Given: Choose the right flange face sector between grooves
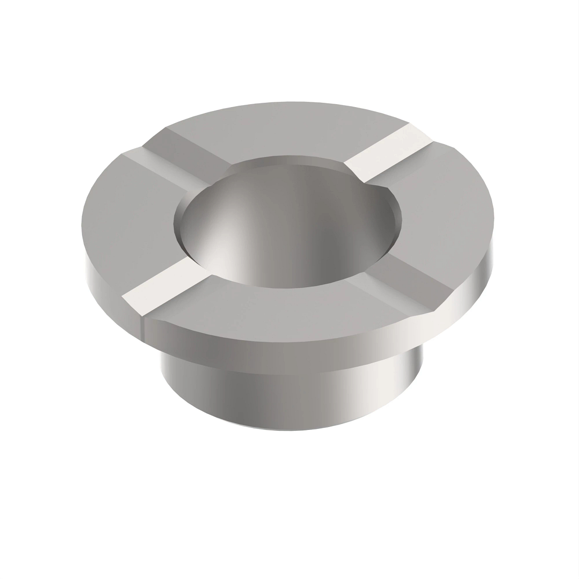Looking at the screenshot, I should pos(449,212).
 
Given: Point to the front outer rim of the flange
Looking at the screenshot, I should pos(289,347).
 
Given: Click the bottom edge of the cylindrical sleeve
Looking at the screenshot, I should pos(289,427).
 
